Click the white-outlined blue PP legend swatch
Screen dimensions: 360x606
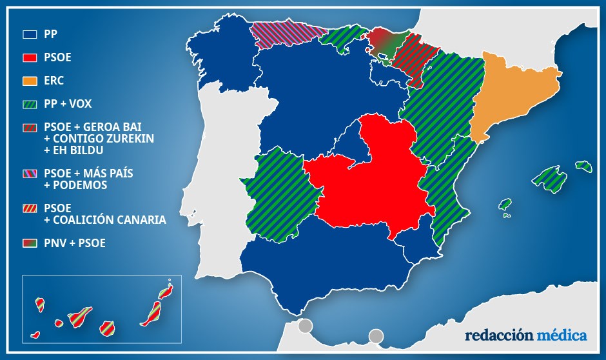pos(30,34)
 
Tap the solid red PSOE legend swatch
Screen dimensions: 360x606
pos(30,57)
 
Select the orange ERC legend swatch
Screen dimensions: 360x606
pos(30,81)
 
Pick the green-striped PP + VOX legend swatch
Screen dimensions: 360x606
pos(30,104)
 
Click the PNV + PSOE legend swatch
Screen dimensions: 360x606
pos(30,243)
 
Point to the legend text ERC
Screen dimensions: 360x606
pos(54,81)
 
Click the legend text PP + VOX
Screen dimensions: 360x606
pos(68,104)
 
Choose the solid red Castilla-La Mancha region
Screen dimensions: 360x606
pos(367,181)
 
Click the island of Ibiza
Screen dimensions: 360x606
pos(505,205)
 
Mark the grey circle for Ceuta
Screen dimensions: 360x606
pos(305,326)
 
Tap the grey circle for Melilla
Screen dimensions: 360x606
pos(376,336)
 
